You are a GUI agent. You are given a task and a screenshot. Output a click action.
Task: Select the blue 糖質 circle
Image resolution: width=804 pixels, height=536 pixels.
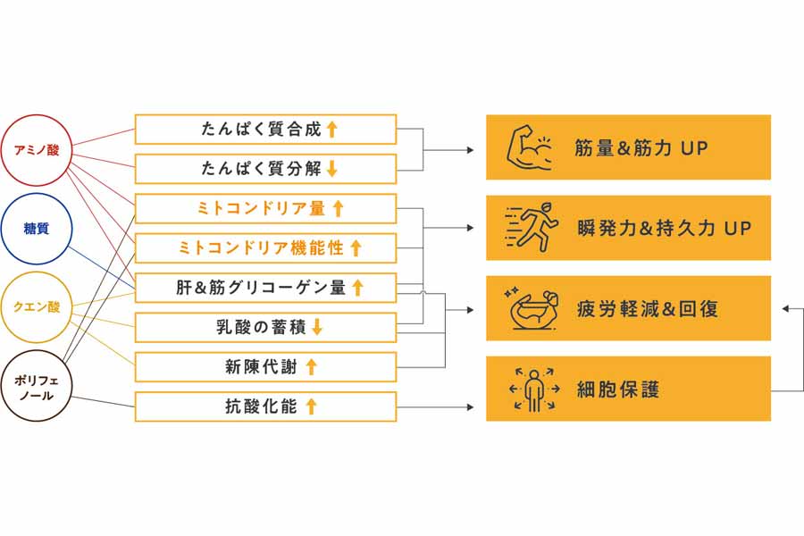(36, 229)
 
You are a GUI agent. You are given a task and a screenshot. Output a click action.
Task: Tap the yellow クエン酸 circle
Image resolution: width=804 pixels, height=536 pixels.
(36, 307)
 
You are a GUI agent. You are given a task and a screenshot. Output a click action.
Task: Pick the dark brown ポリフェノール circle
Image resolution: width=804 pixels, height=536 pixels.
(36, 386)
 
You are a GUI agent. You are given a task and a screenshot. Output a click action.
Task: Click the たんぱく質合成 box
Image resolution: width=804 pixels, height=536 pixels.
(265, 130)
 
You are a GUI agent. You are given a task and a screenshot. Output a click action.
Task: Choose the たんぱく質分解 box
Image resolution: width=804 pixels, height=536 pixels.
(265, 169)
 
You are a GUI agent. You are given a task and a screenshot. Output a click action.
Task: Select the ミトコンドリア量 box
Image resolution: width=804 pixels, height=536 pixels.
(265, 209)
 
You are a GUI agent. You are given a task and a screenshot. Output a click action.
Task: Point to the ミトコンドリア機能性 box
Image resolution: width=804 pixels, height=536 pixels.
(265, 248)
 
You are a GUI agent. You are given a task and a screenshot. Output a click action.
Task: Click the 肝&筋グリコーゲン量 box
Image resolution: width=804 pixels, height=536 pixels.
(265, 288)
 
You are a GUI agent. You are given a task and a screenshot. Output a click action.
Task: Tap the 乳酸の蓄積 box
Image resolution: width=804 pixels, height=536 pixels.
(265, 328)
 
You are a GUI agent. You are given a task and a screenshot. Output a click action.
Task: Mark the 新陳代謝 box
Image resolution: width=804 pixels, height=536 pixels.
(265, 367)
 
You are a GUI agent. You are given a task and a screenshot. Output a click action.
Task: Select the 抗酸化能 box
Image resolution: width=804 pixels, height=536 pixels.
(265, 406)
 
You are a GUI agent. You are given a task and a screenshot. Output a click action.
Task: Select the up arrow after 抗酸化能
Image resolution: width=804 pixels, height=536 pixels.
(312, 406)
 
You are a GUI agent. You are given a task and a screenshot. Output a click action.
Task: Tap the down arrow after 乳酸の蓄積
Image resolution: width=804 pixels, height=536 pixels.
(316, 328)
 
